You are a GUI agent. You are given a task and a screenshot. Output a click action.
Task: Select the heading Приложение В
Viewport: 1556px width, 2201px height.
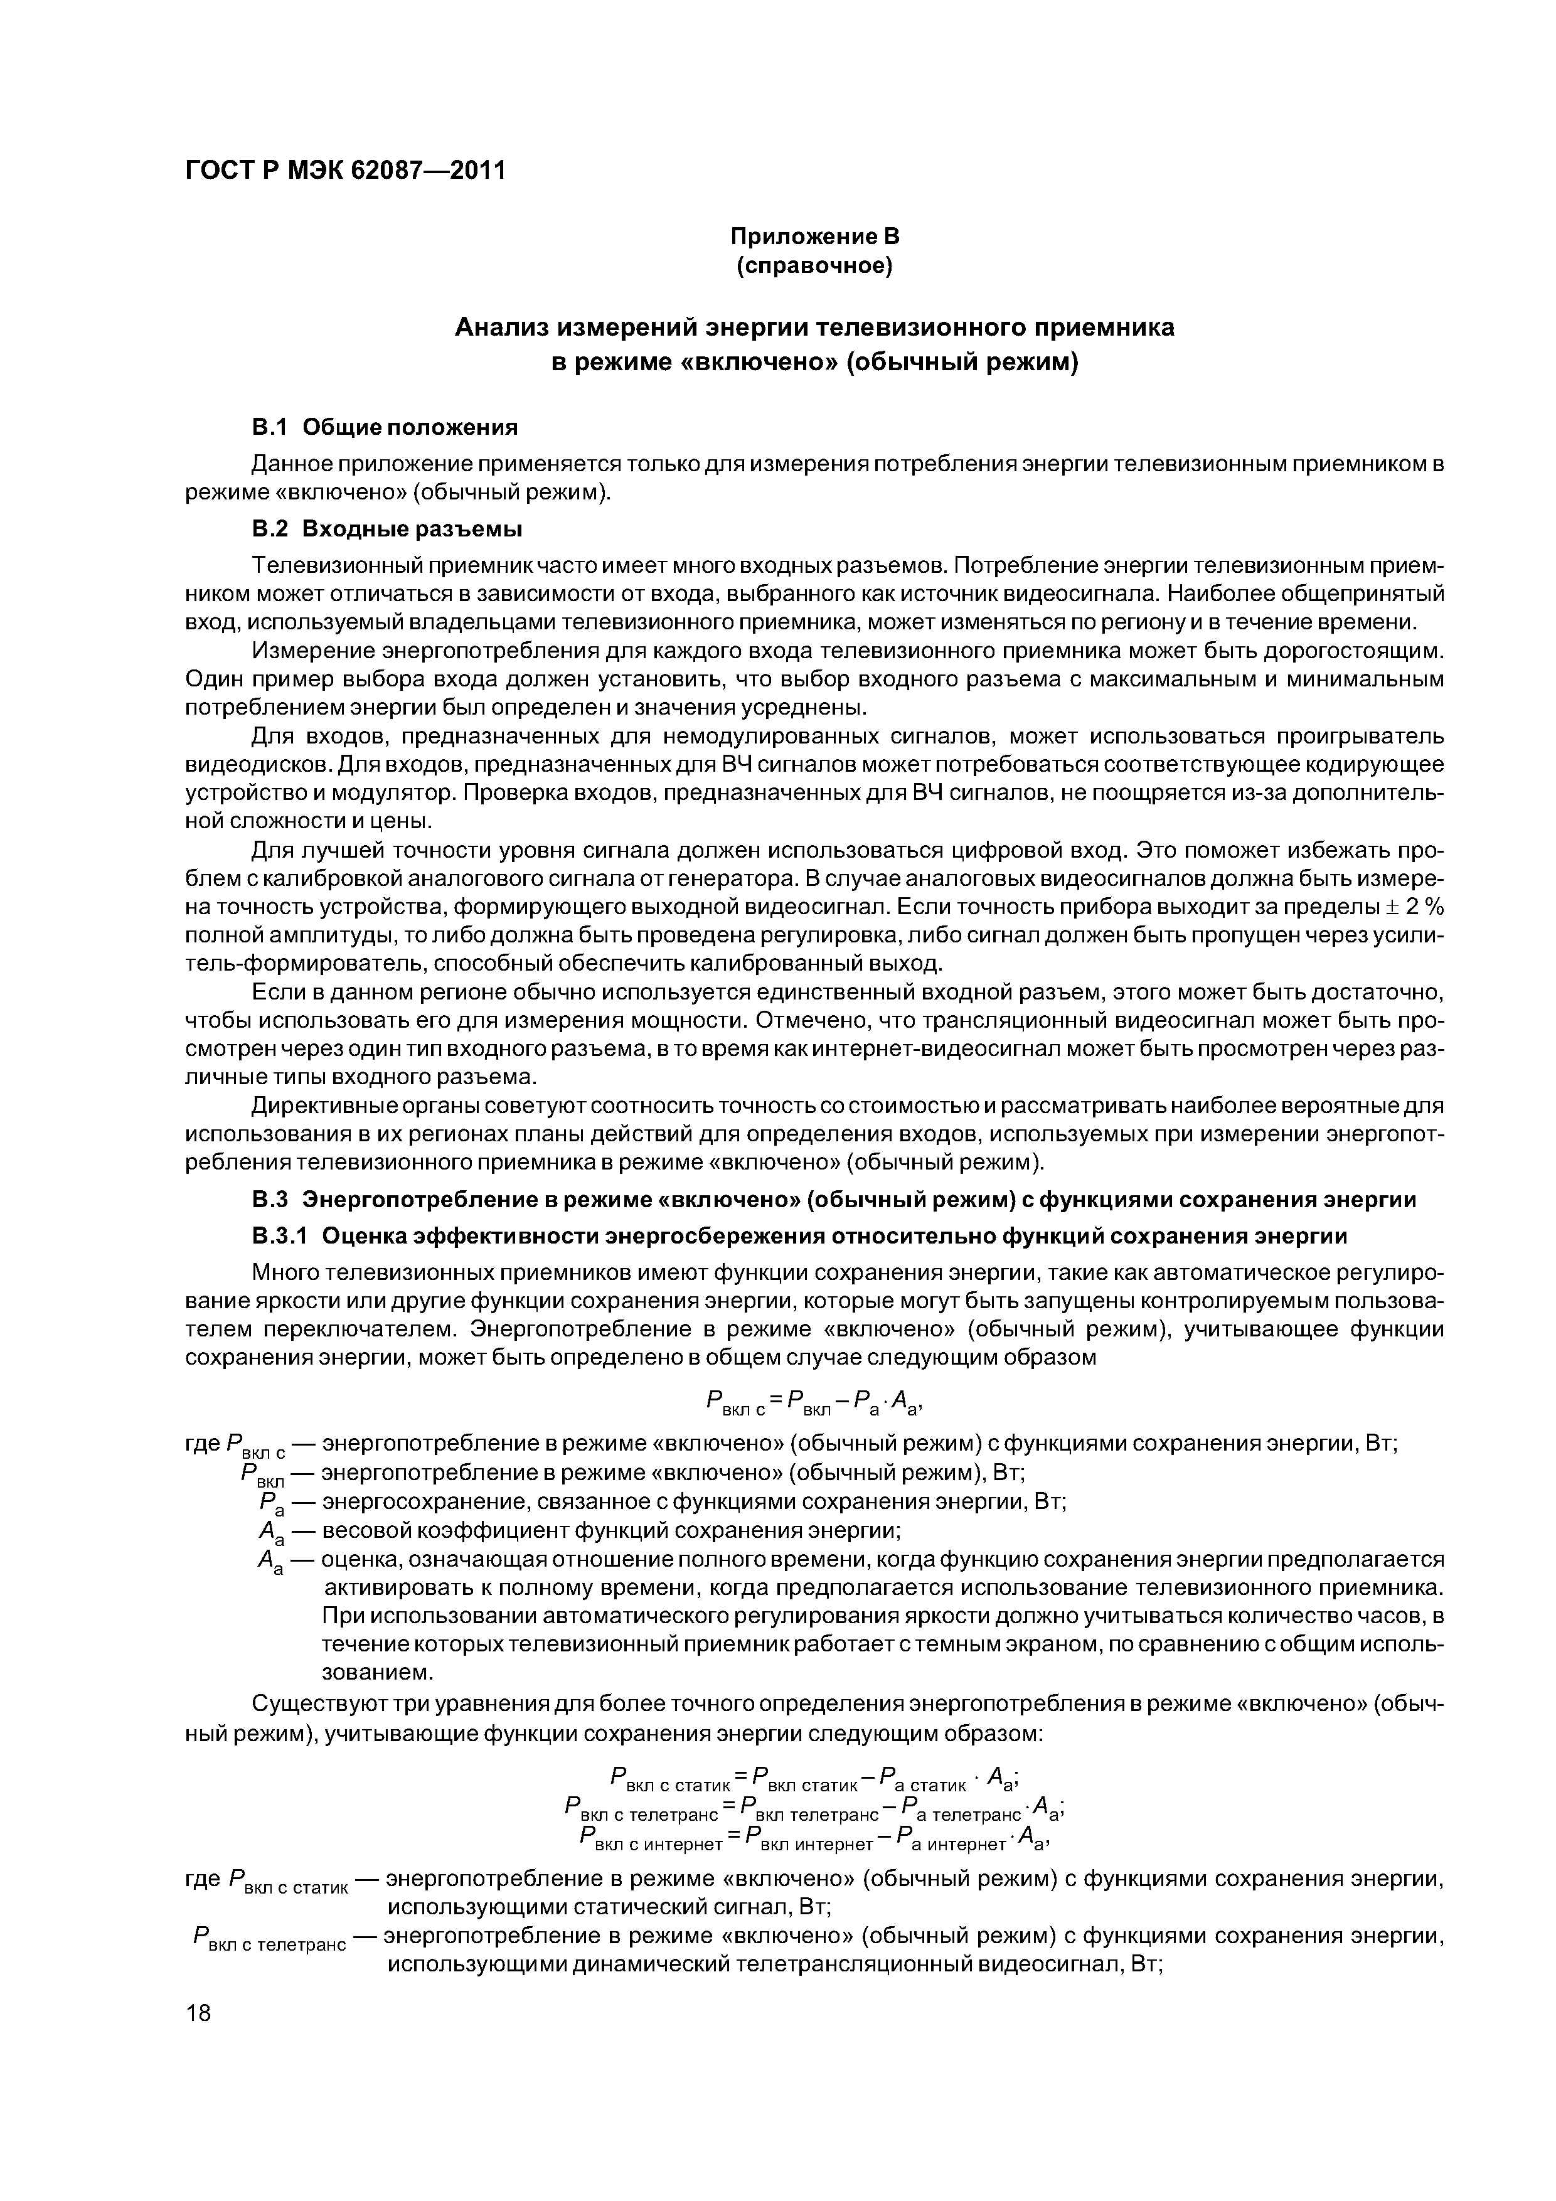click(814, 236)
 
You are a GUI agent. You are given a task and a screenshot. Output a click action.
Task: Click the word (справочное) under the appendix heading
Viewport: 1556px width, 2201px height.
click(814, 265)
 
